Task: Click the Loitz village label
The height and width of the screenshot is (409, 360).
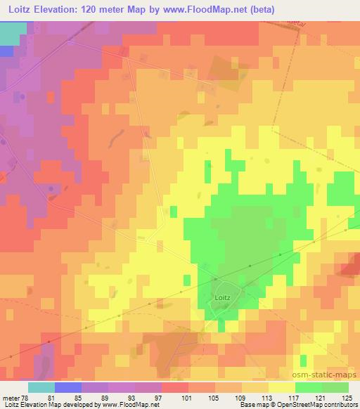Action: pyautogui.click(x=221, y=298)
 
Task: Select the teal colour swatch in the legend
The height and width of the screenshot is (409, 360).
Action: pyautogui.click(x=41, y=387)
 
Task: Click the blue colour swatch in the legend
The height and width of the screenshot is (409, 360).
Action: pyautogui.click(x=67, y=387)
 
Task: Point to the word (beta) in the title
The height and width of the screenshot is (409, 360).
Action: pyautogui.click(x=260, y=9)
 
